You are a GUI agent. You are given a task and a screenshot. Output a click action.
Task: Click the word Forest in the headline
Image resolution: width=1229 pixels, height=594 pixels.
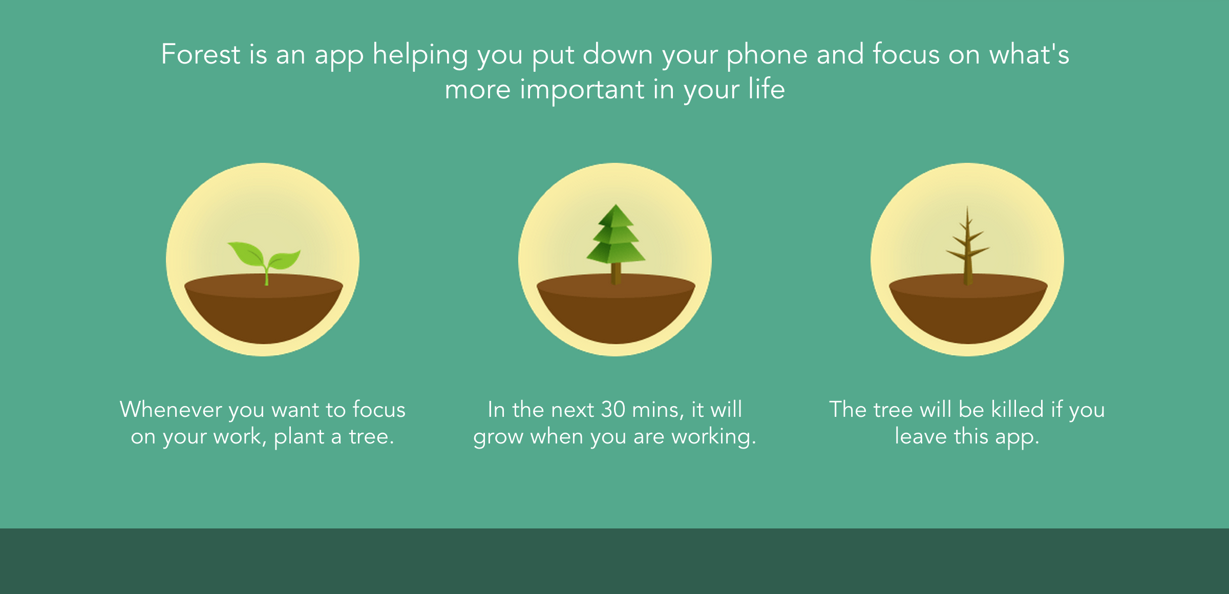point(201,54)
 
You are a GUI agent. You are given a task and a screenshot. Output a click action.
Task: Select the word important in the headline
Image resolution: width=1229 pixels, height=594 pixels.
point(582,90)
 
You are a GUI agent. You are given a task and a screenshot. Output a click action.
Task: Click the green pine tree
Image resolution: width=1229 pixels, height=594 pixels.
point(616,244)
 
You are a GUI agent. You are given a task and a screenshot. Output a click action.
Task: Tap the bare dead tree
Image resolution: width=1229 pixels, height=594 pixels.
point(967,245)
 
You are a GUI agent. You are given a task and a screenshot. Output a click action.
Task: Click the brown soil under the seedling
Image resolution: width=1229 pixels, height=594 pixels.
point(264,309)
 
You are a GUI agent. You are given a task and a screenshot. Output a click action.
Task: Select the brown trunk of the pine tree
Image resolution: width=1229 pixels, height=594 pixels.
point(616,273)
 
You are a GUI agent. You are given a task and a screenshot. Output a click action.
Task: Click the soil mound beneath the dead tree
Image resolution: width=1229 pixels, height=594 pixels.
point(968,309)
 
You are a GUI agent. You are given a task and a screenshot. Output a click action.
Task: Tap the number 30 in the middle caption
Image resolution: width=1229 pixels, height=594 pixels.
point(613,410)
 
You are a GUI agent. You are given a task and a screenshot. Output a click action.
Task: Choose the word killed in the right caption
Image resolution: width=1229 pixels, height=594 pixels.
point(1017,410)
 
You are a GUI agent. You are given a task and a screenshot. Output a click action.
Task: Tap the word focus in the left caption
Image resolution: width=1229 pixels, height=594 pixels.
point(379,410)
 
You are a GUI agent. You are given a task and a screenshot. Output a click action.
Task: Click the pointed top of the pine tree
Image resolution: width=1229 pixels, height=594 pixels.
point(616,205)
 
